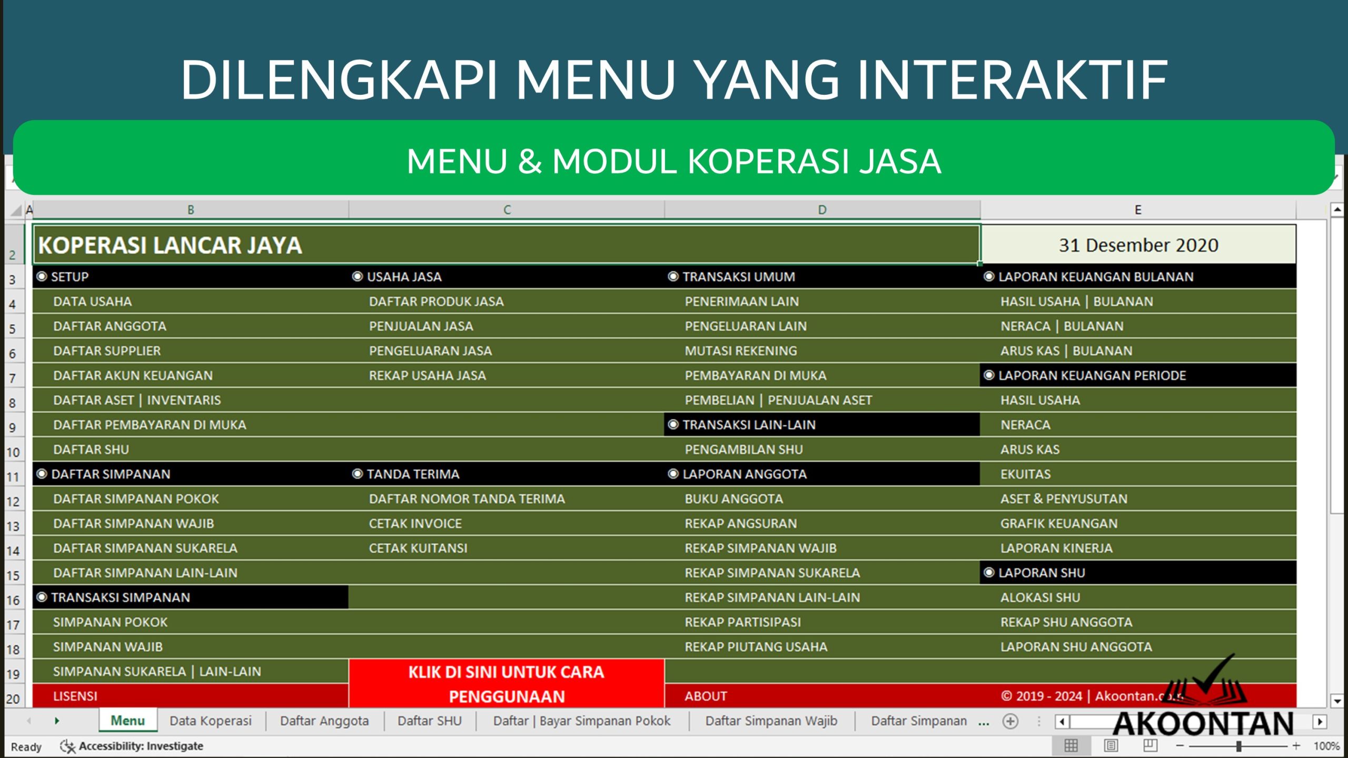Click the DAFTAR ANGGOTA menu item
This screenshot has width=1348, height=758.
[x=110, y=326]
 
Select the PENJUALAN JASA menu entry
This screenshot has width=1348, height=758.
[x=421, y=326]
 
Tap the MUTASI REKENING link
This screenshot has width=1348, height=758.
[x=740, y=351]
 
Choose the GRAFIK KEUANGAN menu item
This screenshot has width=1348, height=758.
[x=1058, y=524]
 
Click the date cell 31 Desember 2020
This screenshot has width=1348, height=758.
[x=1138, y=245]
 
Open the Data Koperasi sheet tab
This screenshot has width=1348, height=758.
[x=210, y=721]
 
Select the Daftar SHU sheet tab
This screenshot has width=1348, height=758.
[x=429, y=721]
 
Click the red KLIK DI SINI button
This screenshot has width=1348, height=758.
[x=506, y=684]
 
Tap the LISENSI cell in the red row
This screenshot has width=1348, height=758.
[x=75, y=696]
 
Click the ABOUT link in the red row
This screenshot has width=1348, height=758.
[x=706, y=696]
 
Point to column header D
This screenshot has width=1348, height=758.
[x=822, y=210]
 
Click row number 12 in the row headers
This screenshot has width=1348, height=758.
[x=13, y=502]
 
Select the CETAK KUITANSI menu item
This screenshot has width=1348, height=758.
[x=418, y=548]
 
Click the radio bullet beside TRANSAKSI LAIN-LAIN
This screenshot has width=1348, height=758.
[x=673, y=425]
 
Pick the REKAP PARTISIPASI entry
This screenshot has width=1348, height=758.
[x=742, y=622]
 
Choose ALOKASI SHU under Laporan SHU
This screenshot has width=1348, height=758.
[x=1040, y=597]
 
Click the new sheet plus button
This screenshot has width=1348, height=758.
[x=1010, y=721]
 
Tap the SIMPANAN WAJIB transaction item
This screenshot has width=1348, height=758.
[x=107, y=647]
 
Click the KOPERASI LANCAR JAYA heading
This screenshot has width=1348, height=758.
[x=170, y=245]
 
